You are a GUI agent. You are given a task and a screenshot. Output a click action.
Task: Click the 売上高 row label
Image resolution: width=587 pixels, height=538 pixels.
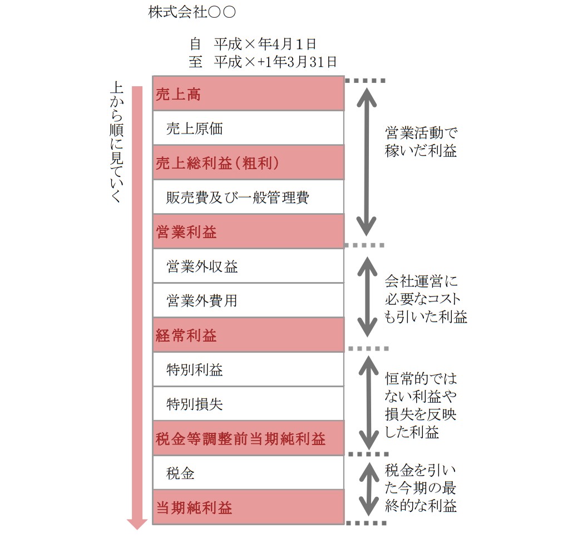[x=178, y=95]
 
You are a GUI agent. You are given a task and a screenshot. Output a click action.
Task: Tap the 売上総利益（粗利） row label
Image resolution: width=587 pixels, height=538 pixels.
[x=218, y=163]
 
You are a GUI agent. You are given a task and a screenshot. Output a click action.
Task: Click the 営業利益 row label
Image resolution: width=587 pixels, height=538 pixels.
[x=186, y=232]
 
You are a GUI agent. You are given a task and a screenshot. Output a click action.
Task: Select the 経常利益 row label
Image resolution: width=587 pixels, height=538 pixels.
[x=186, y=335]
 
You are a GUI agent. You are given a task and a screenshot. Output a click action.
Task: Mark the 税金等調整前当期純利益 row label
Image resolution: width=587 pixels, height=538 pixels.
[x=241, y=439]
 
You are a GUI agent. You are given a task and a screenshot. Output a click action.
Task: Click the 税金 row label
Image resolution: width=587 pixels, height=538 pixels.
[x=180, y=473]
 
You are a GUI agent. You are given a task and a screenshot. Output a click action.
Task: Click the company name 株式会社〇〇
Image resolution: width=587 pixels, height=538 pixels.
[x=192, y=12]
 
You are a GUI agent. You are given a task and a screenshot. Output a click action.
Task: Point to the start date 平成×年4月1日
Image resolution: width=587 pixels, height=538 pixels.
[x=265, y=44]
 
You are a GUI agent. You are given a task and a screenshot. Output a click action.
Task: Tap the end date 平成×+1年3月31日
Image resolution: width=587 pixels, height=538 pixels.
[x=275, y=62]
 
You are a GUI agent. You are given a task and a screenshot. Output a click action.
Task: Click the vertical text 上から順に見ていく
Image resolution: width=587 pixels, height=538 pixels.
[x=116, y=142]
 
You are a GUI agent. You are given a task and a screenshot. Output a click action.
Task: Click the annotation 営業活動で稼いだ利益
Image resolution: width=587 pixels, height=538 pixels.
[x=421, y=142]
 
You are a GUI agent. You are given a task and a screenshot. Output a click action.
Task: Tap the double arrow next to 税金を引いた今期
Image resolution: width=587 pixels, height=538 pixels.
[x=369, y=489]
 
